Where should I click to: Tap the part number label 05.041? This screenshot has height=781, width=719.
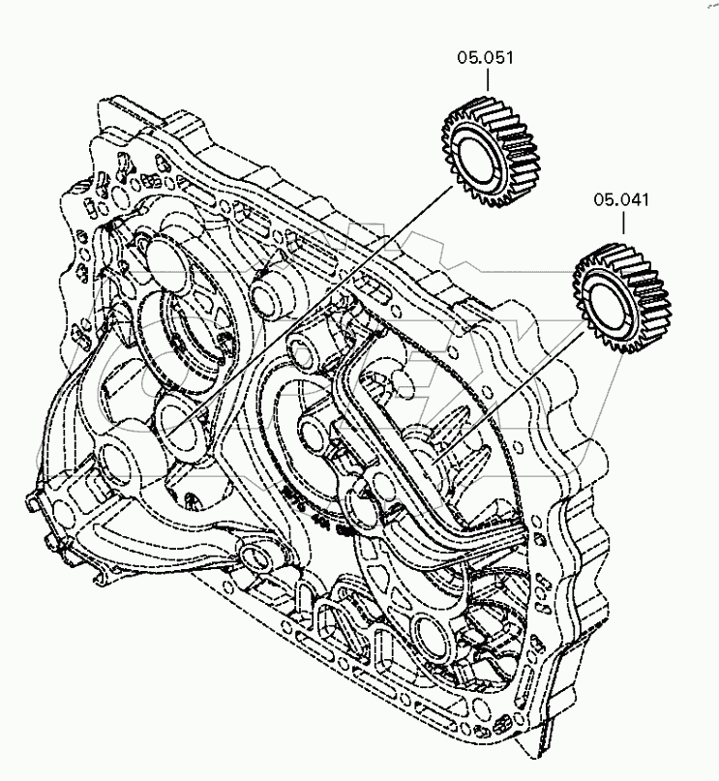point(621,200)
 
